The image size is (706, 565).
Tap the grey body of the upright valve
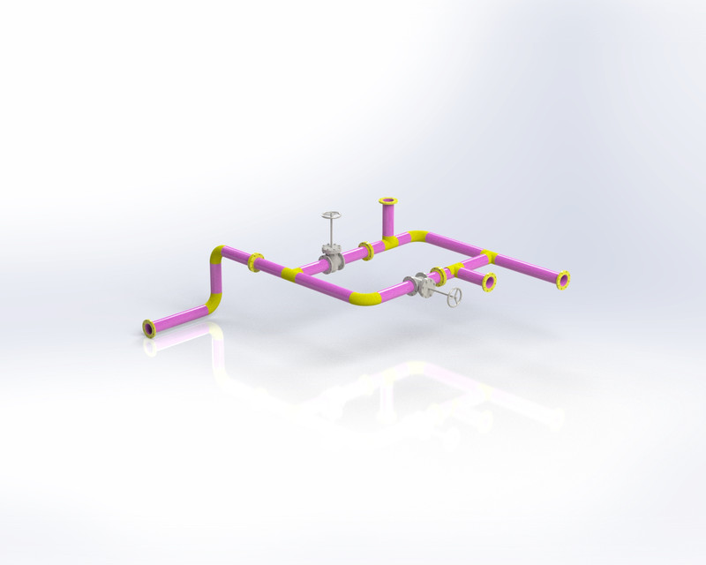333,261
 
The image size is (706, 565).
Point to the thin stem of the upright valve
331,234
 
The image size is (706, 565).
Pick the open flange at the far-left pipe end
148,328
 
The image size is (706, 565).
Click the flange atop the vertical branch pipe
387,203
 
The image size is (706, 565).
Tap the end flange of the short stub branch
488,282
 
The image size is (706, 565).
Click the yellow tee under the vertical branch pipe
389,241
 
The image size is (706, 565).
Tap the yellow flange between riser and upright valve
257,261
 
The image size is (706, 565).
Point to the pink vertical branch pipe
387,221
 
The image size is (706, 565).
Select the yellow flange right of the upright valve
366,250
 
